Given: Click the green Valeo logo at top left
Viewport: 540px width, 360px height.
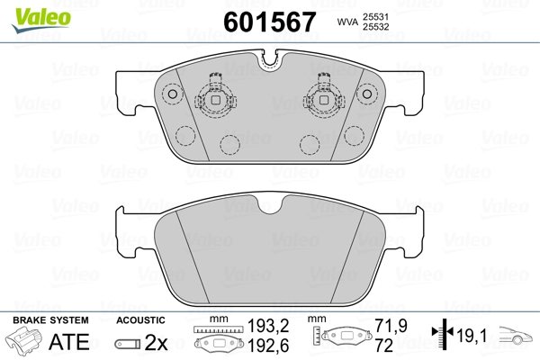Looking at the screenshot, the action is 41,20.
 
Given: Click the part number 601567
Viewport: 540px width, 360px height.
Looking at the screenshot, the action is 270,22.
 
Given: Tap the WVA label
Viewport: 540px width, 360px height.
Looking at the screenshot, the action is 348,22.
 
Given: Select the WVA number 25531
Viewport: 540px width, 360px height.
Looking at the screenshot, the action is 375,16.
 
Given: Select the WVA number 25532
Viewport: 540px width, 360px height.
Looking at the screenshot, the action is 375,27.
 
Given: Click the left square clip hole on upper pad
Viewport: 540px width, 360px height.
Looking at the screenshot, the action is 216,100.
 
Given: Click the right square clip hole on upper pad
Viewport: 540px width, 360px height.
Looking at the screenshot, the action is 323,100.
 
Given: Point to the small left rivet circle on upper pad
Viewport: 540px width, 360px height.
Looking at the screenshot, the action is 172,94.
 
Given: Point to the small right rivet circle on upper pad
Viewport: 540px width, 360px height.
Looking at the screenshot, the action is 367,94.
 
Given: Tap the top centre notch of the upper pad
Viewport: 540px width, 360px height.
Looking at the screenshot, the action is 270,60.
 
